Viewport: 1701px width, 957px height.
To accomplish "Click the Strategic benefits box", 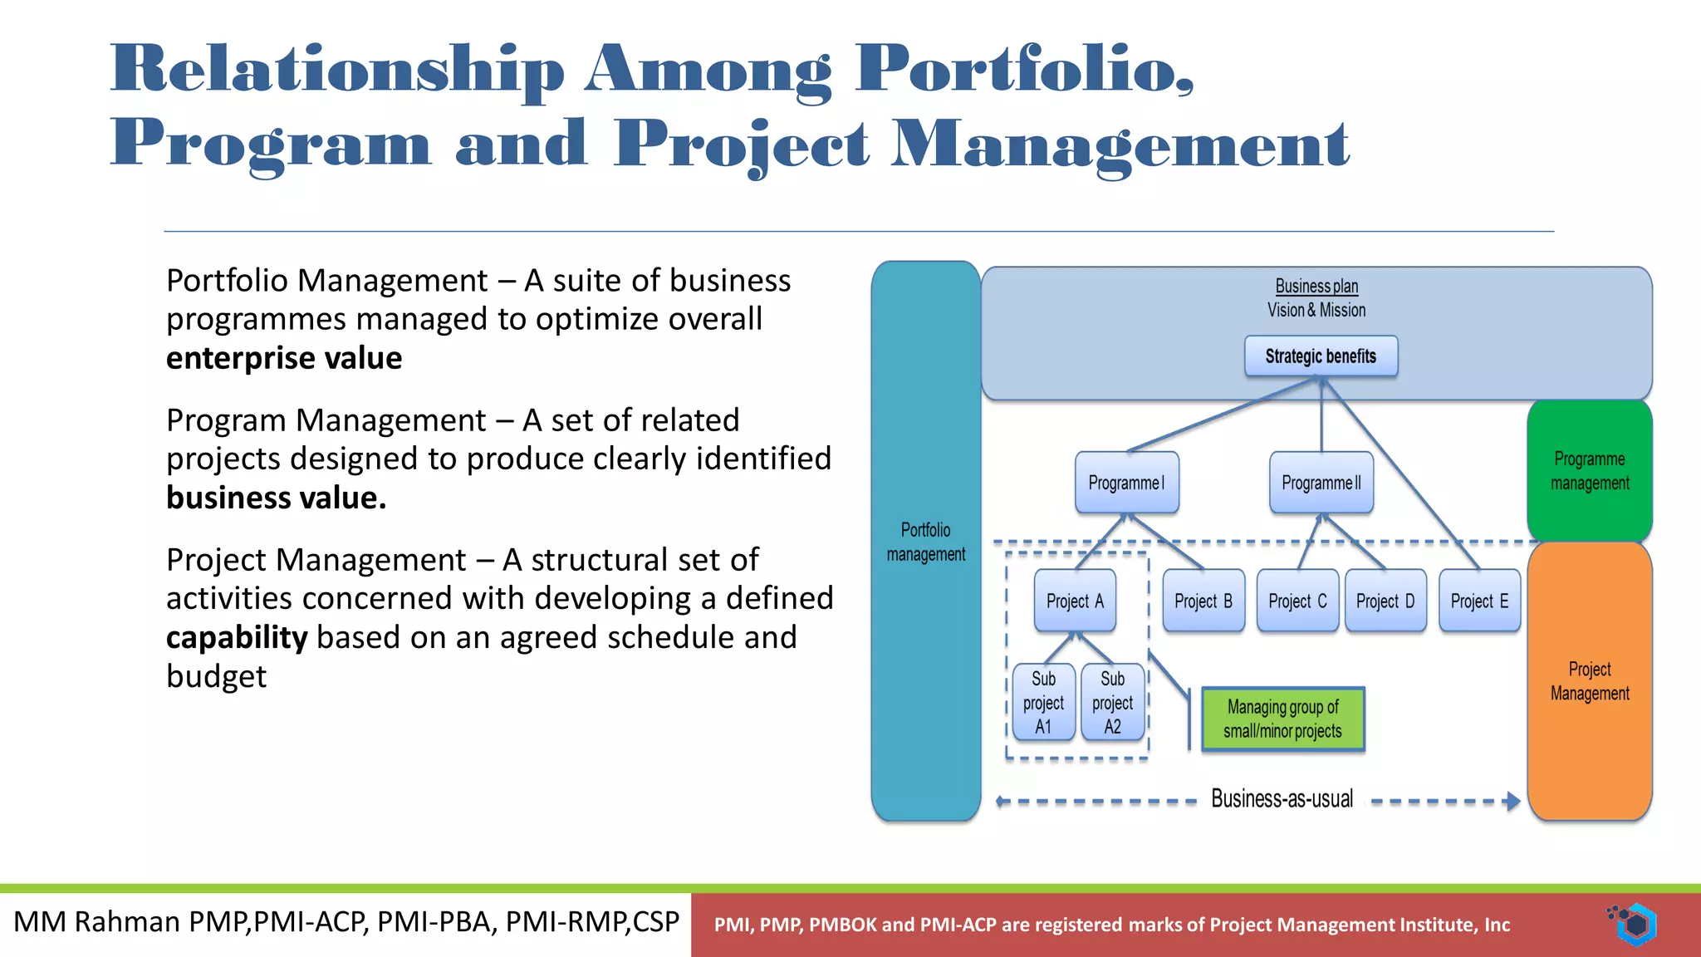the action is (x=1321, y=356).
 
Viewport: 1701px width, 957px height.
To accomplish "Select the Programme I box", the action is (x=1126, y=483).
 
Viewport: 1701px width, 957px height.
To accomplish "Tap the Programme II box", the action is (x=1321, y=483).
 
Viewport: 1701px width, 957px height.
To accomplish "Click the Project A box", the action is (x=1075, y=601).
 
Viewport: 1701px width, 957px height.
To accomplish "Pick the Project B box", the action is (x=1203, y=601).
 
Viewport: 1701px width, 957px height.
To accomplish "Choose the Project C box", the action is (x=1297, y=601).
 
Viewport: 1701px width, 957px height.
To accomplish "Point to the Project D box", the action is (x=1385, y=601).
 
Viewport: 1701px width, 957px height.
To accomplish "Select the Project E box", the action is (x=1479, y=601).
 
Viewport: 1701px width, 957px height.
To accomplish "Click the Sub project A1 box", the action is (x=1043, y=703).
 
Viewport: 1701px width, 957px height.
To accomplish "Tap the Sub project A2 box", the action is (x=1112, y=703).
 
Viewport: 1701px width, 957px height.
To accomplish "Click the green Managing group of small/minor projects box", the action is (x=1282, y=719).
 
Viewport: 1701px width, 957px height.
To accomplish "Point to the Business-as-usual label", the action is (x=1282, y=799).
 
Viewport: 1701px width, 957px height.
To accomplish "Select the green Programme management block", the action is (x=1590, y=471).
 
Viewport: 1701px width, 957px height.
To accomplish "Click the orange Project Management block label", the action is (x=1590, y=681).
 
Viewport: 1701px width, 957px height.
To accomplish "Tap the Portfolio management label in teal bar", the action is (x=925, y=542).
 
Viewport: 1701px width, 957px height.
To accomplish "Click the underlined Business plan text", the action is (x=1316, y=287).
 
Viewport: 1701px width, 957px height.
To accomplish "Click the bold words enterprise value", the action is (x=284, y=358).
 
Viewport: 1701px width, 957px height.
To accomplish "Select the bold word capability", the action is (x=237, y=637).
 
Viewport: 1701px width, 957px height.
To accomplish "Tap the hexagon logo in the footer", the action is (x=1635, y=924).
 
